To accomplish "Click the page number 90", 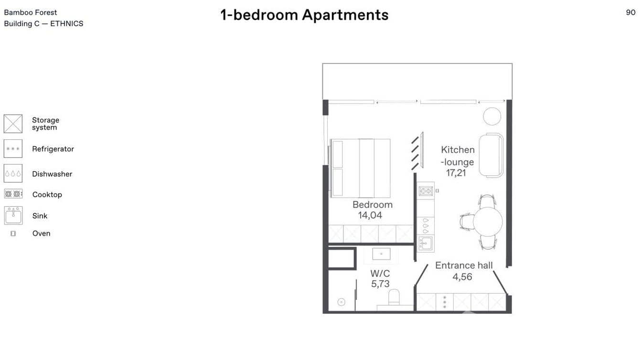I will (630, 12).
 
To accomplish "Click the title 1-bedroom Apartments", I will (304, 15).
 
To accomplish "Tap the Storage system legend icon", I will (13, 124).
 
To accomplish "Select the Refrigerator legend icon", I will (13, 149).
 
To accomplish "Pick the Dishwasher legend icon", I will (13, 174).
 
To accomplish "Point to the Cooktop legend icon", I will (13, 194).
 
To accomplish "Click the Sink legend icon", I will (13, 215).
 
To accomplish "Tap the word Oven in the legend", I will (41, 233).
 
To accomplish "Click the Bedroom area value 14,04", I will (370, 215).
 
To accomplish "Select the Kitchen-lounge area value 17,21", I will (456, 173).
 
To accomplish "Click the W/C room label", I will (380, 274).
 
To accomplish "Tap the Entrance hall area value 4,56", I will (462, 276).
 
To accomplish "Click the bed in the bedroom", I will (361, 168).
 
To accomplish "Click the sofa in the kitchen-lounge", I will (491, 155).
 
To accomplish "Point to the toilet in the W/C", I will (394, 299).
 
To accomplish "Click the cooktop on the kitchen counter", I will (426, 191).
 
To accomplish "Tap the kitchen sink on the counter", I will (426, 244).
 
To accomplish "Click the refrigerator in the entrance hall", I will (444, 302).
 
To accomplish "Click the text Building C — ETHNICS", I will (43, 24).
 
